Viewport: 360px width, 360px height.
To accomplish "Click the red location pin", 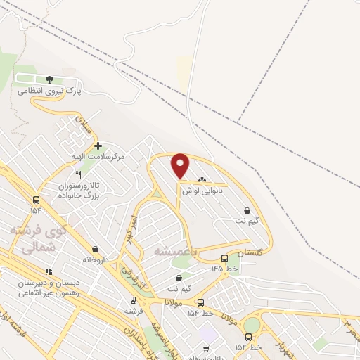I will (x=181, y=165).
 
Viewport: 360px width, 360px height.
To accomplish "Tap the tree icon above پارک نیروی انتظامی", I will (x=49, y=79).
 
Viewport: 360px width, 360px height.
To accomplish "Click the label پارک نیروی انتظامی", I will (x=51, y=91).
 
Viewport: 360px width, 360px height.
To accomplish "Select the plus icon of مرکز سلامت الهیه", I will (x=97, y=146).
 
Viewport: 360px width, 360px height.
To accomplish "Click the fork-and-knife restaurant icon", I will (x=78, y=174).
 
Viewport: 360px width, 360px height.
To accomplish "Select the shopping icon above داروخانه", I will (x=95, y=249).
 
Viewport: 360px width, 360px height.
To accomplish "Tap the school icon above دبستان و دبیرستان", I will (x=49, y=271).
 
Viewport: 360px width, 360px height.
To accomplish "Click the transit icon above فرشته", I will (x=132, y=300).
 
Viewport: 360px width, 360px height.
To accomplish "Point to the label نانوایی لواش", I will (x=202, y=191).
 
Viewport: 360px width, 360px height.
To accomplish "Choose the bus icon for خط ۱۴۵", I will (x=224, y=258).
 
